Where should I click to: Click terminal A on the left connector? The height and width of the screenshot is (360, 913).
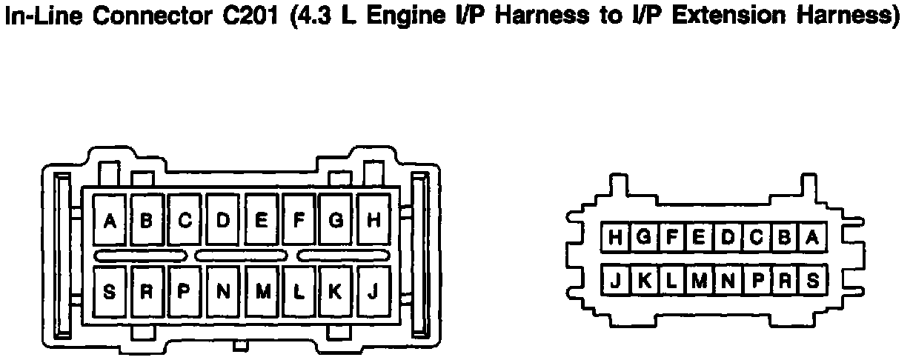[x=110, y=220]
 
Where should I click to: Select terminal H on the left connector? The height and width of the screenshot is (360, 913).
[x=374, y=220]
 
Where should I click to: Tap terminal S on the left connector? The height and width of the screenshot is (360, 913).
[x=110, y=292]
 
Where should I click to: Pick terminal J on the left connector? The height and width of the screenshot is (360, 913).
[x=374, y=292]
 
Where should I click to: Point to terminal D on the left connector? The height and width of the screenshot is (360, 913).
[x=223, y=220]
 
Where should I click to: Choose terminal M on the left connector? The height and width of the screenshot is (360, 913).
[x=262, y=292]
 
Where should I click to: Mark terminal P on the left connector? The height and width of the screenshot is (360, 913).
[x=185, y=292]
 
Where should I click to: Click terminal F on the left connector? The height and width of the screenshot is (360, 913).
[x=299, y=220]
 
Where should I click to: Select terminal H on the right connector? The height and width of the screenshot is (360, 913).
[x=615, y=238]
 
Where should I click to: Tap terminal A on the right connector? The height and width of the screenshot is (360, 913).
[x=813, y=238]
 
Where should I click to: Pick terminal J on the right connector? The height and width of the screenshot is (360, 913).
[x=615, y=281]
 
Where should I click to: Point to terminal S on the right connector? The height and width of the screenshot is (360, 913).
[x=813, y=281]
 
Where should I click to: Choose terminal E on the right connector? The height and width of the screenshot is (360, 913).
[x=700, y=238]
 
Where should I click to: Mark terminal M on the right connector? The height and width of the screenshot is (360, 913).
[x=700, y=281]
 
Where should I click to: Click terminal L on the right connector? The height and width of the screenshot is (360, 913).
[x=671, y=281]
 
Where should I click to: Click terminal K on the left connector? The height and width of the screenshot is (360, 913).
[x=336, y=292]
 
